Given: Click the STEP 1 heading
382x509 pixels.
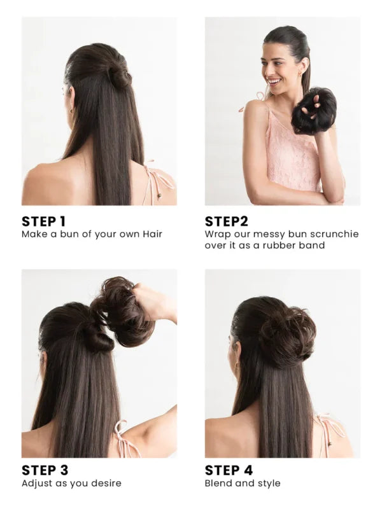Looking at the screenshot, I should click(43, 221).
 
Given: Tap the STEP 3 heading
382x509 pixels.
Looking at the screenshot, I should click(45, 470).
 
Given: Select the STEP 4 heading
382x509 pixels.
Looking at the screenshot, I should click(229, 470).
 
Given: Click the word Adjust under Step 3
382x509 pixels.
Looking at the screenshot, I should click(36, 484).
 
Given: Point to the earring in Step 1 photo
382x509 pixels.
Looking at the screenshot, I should click(71, 111).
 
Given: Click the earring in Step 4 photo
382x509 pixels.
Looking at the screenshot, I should click(238, 367).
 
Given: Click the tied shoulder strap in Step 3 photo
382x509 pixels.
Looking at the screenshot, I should click(125, 439).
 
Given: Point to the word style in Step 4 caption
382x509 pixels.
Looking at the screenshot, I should click(269, 484).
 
